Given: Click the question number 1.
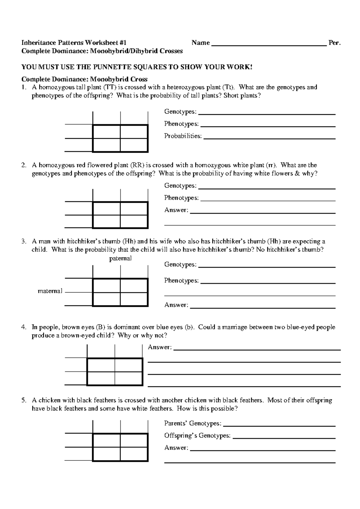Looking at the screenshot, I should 24,88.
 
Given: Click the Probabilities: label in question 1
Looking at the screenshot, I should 183,136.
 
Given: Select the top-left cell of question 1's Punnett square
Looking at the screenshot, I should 106,132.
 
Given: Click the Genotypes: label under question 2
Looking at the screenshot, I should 180,186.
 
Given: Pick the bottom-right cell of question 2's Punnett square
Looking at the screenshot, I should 134,222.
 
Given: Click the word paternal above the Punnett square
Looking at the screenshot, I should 120,258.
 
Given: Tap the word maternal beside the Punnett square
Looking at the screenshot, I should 50,291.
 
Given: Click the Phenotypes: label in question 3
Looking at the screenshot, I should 181,281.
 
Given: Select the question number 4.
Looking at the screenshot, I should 24,327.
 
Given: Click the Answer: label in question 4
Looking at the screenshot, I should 160,347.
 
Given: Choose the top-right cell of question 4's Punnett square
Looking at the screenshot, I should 128,365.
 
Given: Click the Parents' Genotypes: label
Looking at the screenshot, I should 193,424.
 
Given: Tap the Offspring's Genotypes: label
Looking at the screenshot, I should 197,436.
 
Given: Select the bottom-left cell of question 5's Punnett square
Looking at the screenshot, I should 106,454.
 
